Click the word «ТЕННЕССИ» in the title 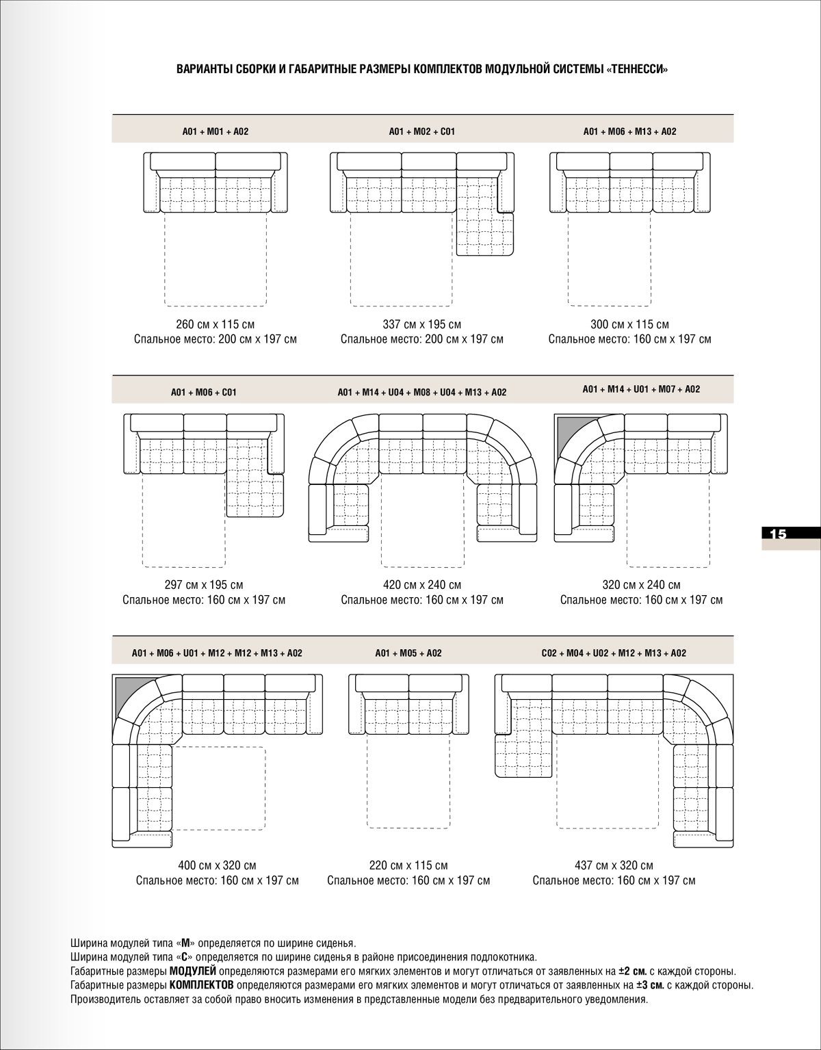point(636,69)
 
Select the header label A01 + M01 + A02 point(216,131)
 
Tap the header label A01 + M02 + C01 point(422,131)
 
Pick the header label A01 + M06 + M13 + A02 point(629,131)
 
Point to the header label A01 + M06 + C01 point(204,393)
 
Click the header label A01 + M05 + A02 point(408,653)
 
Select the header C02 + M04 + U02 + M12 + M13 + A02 point(614,653)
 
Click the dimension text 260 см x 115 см point(216,324)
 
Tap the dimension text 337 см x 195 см point(422,324)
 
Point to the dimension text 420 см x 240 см point(422,585)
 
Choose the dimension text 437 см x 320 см point(614,865)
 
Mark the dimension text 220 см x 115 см point(408,865)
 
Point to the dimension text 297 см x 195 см point(204,585)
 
